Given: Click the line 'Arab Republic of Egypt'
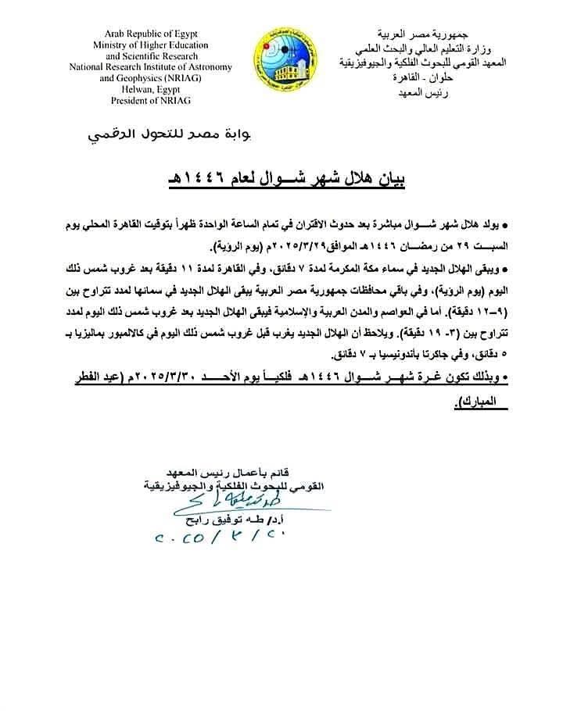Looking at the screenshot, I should tap(149, 34).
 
